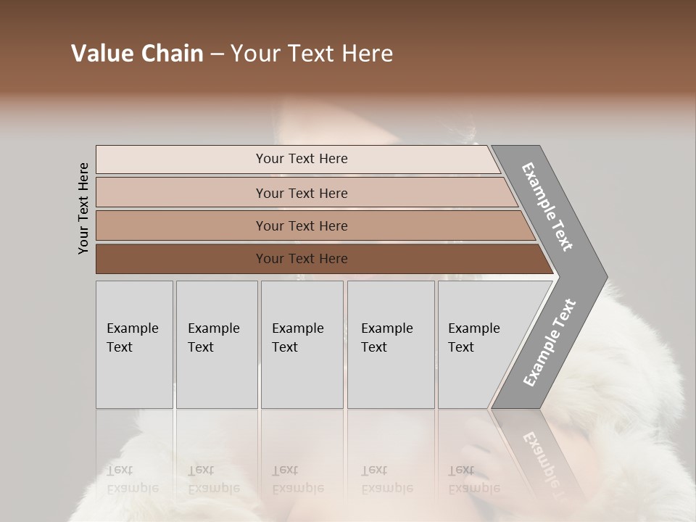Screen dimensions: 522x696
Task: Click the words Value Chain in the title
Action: click(x=137, y=54)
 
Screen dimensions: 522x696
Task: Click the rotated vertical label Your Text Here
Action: click(x=83, y=208)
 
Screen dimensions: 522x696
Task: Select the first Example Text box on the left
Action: click(x=134, y=344)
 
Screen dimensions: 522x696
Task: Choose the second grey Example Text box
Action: click(x=217, y=344)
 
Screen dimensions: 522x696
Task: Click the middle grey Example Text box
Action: click(x=302, y=344)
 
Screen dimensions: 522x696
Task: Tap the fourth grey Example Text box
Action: click(x=391, y=344)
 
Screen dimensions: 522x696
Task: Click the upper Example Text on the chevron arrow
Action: click(x=547, y=207)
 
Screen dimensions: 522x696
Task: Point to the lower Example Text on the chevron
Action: click(x=550, y=343)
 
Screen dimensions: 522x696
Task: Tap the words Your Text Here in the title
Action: click(x=312, y=54)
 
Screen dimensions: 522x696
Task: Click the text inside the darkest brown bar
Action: click(x=302, y=259)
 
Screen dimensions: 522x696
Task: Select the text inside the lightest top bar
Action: click(x=302, y=159)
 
